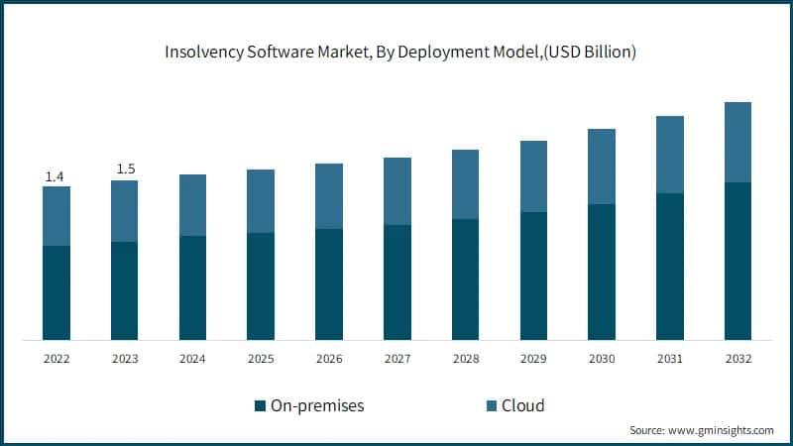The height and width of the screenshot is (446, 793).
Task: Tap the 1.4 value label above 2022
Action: tap(56, 176)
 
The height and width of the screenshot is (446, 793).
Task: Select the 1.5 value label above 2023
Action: tap(126, 169)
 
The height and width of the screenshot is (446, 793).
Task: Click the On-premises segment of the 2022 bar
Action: tap(57, 292)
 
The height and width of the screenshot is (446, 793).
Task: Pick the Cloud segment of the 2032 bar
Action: tap(737, 142)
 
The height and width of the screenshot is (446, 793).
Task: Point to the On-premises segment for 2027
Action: tap(397, 282)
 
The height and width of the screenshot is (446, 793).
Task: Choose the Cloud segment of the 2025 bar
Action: tap(261, 201)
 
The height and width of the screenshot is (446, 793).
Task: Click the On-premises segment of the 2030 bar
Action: tap(602, 272)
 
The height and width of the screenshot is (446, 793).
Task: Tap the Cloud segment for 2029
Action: tap(533, 176)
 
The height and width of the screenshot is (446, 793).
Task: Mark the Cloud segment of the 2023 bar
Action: tap(125, 211)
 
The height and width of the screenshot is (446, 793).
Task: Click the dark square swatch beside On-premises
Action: tap(261, 405)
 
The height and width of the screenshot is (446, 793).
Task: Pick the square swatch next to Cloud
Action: tap(491, 405)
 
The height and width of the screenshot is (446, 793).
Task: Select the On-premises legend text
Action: tap(318, 405)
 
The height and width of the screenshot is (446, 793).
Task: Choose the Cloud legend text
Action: tap(523, 405)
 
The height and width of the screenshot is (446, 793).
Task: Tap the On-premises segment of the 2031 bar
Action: tap(670, 267)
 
